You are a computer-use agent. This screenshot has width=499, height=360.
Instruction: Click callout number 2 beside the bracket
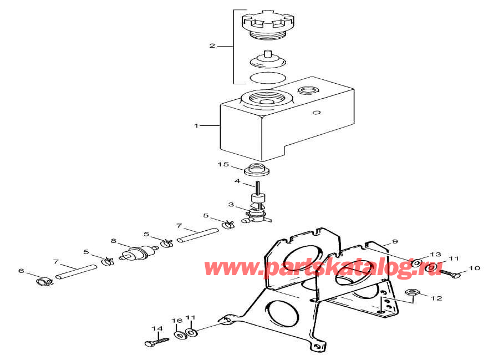tap(212, 46)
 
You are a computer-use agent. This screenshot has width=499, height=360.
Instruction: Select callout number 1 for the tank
tap(196, 126)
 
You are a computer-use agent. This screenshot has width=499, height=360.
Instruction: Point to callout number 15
tap(223, 164)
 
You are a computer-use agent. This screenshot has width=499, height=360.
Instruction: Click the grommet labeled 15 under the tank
tap(257, 170)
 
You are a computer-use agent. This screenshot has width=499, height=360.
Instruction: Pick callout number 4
tap(237, 181)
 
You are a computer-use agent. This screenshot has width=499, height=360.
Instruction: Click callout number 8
tap(113, 241)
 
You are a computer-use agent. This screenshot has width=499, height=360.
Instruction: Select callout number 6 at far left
tap(22, 271)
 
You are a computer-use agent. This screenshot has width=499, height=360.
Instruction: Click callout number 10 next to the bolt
tap(475, 268)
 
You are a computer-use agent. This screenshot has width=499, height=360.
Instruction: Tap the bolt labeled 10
tap(450, 274)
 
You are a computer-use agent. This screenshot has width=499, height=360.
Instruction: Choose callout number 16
tap(176, 321)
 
